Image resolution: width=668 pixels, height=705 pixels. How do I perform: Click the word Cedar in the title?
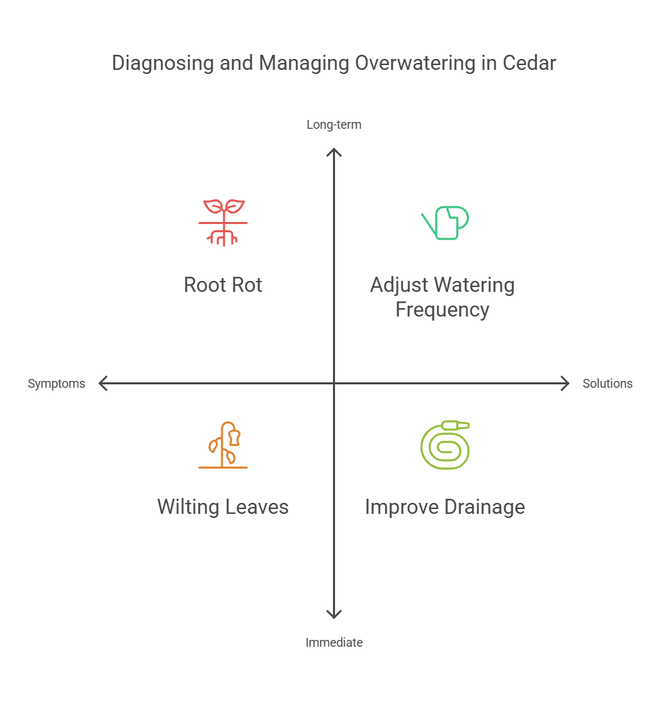pyautogui.click(x=529, y=63)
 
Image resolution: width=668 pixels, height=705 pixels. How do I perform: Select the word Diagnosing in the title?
pyautogui.click(x=162, y=63)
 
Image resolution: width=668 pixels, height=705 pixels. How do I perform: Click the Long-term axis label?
pyautogui.click(x=334, y=125)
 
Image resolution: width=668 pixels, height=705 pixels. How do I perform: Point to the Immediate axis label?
pyautogui.click(x=334, y=643)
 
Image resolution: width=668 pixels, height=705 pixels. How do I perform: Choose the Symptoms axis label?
pyautogui.click(x=56, y=384)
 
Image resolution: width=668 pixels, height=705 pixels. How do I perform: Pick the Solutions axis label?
pyautogui.click(x=607, y=384)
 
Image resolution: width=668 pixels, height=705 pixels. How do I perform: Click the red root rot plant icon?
pyautogui.click(x=223, y=223)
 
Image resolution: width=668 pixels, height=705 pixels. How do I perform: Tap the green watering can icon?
pyautogui.click(x=445, y=223)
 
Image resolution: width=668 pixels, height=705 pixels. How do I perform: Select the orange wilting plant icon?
pyautogui.click(x=223, y=445)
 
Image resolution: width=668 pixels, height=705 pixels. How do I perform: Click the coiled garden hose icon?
pyautogui.click(x=445, y=445)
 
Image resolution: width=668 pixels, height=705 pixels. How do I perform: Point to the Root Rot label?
pyautogui.click(x=223, y=285)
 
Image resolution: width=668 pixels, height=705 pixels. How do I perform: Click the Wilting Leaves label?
pyautogui.click(x=223, y=507)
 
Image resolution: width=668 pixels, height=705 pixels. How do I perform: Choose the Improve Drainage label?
pyautogui.click(x=445, y=507)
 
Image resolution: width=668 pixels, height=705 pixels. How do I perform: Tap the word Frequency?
pyautogui.click(x=442, y=310)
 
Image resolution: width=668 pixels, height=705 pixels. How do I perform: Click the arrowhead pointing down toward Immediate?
pyautogui.click(x=334, y=615)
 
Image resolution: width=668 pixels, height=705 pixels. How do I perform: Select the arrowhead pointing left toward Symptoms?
pyautogui.click(x=103, y=384)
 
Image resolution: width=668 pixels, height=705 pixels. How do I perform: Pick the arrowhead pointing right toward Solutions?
pyautogui.click(x=565, y=384)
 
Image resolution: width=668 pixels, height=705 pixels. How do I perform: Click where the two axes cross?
pyautogui.click(x=334, y=384)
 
